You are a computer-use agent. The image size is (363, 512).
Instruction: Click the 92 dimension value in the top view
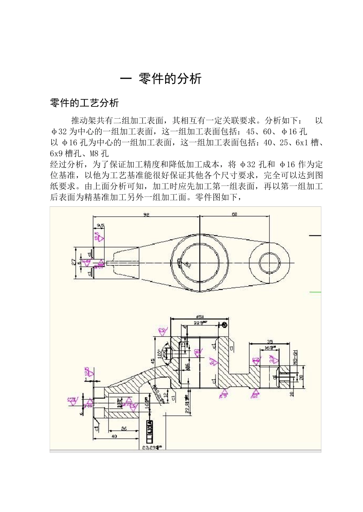click(146, 215)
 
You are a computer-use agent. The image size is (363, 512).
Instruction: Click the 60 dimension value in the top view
click(234, 215)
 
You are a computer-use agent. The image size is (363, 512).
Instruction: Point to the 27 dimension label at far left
click(73, 262)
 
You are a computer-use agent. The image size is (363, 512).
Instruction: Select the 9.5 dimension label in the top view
click(100, 226)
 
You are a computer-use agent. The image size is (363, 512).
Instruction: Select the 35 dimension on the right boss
click(270, 342)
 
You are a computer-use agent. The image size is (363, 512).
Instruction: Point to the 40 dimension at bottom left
click(114, 436)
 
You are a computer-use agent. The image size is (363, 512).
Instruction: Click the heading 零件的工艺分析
click(84, 103)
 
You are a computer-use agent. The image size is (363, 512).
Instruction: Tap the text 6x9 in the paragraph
click(57, 154)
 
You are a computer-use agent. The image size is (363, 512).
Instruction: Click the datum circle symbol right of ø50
click(224, 325)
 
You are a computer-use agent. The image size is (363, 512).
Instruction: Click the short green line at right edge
click(315, 292)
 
